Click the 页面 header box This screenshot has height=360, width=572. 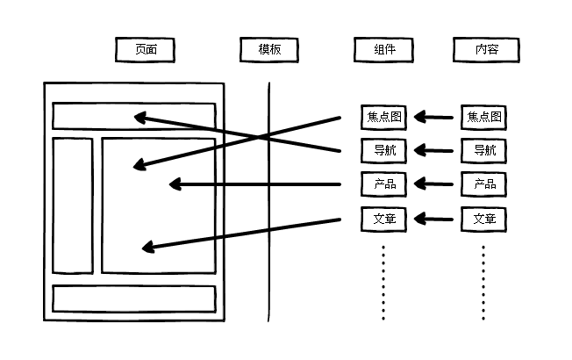pos(145,50)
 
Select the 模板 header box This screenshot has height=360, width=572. pos(269,50)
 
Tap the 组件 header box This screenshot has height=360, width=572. pos(383,50)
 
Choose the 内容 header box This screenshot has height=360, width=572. pos(484,50)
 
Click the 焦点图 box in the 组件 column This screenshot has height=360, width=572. pos(383,116)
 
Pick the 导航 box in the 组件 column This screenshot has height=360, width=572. pos(383,150)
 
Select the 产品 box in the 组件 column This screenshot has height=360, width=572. pos(383,184)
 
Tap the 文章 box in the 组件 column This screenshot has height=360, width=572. pos(383,219)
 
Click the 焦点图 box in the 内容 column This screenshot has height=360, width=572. pos(484,116)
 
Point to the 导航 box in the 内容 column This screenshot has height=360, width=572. pos(484,150)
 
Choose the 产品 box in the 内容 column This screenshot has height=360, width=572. pos(484,184)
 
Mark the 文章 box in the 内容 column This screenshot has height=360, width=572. pos(484,219)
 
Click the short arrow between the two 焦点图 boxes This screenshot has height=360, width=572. pos(433,116)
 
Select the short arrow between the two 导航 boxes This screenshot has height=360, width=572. pos(433,150)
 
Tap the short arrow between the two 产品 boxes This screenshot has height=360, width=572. pos(433,184)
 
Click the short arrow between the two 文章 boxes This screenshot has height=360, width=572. pos(433,219)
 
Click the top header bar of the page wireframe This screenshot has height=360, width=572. pos(88,116)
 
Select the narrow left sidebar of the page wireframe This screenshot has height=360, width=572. pos(73,205)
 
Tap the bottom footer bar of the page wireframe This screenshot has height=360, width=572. pos(133,299)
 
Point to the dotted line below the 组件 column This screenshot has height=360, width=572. pos(383,281)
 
